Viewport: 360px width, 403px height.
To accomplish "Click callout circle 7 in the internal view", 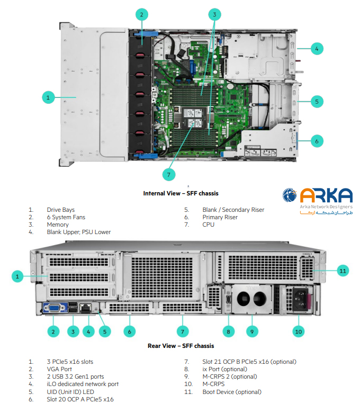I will click(168, 174).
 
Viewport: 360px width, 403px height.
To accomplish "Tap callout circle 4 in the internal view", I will click(316, 49).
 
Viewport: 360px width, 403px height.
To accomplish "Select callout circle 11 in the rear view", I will click(343, 271).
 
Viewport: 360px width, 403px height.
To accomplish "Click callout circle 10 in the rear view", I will click(299, 332).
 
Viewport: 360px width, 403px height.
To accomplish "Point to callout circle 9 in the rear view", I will click(252, 332).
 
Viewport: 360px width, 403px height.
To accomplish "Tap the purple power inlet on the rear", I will click(298, 299).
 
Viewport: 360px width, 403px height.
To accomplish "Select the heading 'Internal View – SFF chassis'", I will click(181, 193).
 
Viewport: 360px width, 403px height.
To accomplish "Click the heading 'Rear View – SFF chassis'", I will click(181, 346).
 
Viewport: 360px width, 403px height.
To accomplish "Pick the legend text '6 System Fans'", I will click(66, 217).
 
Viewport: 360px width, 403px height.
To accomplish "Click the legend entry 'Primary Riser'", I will click(220, 217).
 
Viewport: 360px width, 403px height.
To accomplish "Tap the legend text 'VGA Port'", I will click(59, 369).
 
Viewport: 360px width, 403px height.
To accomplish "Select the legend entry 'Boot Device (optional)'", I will click(232, 392).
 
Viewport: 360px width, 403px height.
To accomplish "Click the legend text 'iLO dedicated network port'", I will click(83, 384).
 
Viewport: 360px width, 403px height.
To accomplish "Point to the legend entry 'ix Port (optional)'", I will click(224, 369).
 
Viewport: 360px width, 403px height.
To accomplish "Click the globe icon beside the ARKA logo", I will click(290, 196).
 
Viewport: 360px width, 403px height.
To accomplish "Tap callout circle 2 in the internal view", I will click(141, 14).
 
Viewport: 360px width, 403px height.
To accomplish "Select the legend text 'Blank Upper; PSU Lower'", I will click(78, 232).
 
